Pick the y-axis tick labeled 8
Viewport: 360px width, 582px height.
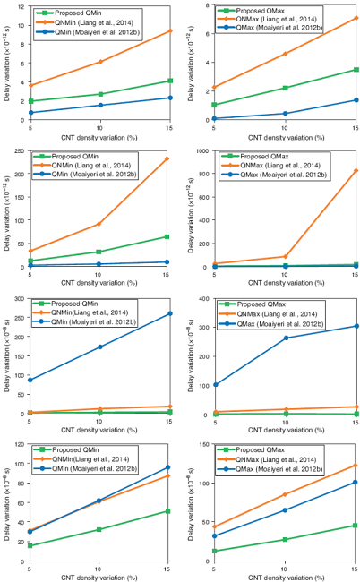[205, 5]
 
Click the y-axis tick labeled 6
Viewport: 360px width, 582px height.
[205, 34]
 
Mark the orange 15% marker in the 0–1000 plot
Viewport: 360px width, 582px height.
[356, 170]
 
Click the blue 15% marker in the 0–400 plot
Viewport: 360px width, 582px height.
[356, 326]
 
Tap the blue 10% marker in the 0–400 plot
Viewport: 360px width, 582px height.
[285, 338]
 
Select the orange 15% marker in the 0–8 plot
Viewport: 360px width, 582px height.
[356, 18]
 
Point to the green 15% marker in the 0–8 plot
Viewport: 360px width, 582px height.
[356, 69]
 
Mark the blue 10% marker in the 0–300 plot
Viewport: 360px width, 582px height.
[99, 347]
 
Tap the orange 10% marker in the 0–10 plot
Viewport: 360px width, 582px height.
[99, 61]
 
